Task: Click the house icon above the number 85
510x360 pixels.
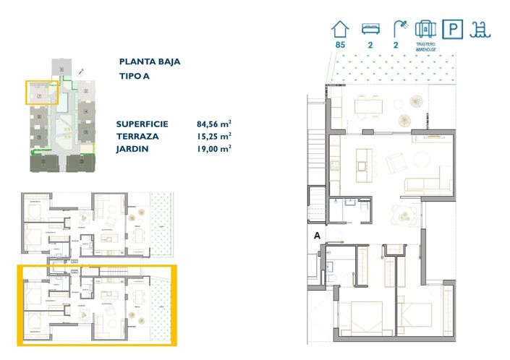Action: (339, 29)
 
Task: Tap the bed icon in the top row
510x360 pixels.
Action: (370, 30)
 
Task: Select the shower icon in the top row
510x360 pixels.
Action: (399, 29)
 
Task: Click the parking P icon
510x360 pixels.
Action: (454, 29)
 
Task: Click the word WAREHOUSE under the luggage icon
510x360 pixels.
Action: (426, 49)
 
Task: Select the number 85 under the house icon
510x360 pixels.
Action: (339, 45)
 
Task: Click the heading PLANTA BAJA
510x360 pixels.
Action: (149, 62)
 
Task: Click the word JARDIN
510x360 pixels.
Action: (132, 148)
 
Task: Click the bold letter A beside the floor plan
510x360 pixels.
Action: (317, 235)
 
